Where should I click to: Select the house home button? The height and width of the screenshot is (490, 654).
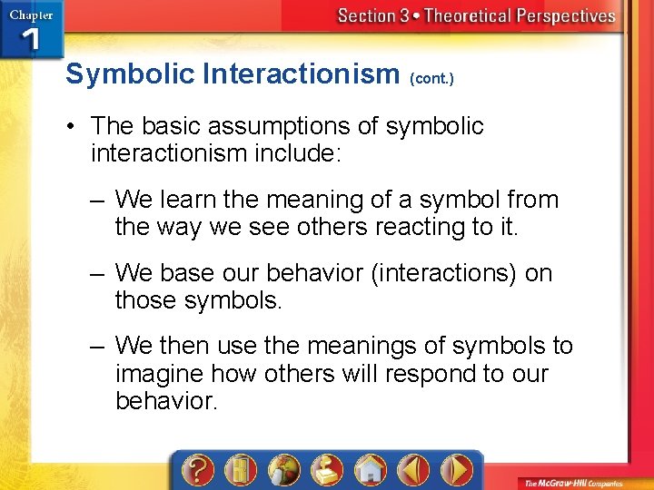pos(372,471)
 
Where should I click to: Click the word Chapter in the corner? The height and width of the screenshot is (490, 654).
pos(31,14)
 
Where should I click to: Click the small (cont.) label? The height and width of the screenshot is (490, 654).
pos(432,79)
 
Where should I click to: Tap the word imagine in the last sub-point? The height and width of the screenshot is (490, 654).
pos(163,374)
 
